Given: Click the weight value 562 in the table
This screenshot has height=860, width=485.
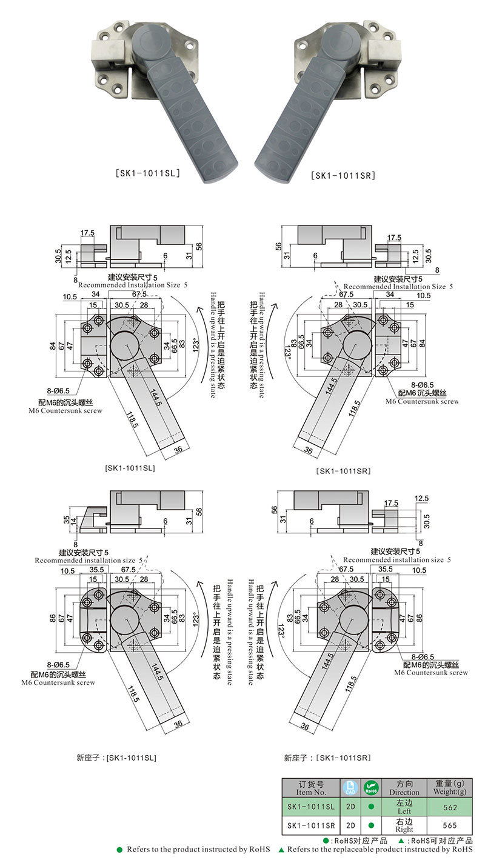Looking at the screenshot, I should pyautogui.click(x=450, y=807).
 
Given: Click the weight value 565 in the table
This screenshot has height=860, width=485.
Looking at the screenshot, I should pyautogui.click(x=450, y=825).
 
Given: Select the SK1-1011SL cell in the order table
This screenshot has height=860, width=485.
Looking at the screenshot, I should pyautogui.click(x=310, y=807).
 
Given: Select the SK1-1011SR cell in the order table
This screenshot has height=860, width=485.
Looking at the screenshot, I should pyautogui.click(x=310, y=825).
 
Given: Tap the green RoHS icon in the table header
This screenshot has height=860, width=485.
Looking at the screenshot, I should pyautogui.click(x=371, y=788).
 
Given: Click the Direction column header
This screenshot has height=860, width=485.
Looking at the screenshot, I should pyautogui.click(x=404, y=788).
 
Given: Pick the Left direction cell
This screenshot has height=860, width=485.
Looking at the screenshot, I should pyautogui.click(x=404, y=807).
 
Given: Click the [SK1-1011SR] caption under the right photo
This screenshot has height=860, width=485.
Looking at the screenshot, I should pyautogui.click(x=343, y=176).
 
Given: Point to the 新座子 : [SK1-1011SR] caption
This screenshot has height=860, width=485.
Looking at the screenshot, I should pyautogui.click(x=327, y=758).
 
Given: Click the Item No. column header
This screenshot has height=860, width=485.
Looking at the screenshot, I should pyautogui.click(x=310, y=788).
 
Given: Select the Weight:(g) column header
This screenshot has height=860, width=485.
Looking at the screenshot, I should pyautogui.click(x=450, y=788).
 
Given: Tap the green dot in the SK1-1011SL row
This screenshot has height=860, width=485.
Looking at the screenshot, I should pyautogui.click(x=371, y=807).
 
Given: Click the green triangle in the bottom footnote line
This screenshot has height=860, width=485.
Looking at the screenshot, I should pyautogui.click(x=282, y=850).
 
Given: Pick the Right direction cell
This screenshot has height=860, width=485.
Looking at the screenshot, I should pyautogui.click(x=404, y=825).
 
